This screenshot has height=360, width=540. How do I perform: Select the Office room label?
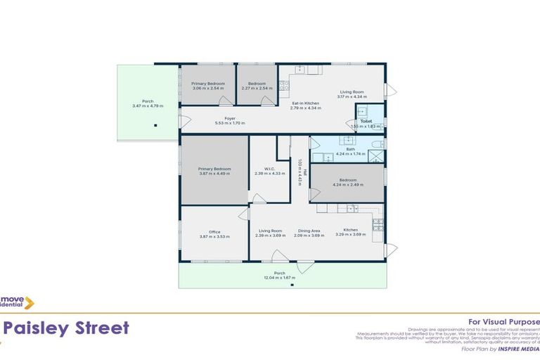(x=214, y=231)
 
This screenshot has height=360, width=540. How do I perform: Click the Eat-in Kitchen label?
(x=306, y=103)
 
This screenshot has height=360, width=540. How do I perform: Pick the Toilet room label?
(x=366, y=121)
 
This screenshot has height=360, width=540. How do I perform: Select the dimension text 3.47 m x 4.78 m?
(x=148, y=105)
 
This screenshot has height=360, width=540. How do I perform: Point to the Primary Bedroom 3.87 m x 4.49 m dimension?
(x=214, y=173)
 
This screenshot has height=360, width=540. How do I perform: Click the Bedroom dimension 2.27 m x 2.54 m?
(x=256, y=88)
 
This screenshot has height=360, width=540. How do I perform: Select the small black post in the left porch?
(x=155, y=126)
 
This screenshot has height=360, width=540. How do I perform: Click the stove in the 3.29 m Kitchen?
(x=378, y=225)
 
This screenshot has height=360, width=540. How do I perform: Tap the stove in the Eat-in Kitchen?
(x=284, y=86)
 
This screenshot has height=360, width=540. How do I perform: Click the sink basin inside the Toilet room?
(x=364, y=112)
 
